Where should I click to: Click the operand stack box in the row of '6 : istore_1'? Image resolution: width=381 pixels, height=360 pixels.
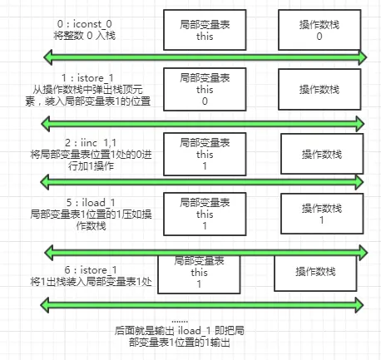tap(316, 272)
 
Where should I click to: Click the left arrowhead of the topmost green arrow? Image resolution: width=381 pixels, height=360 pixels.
tap(49, 57)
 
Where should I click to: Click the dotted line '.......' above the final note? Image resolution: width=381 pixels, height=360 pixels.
tap(179, 319)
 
